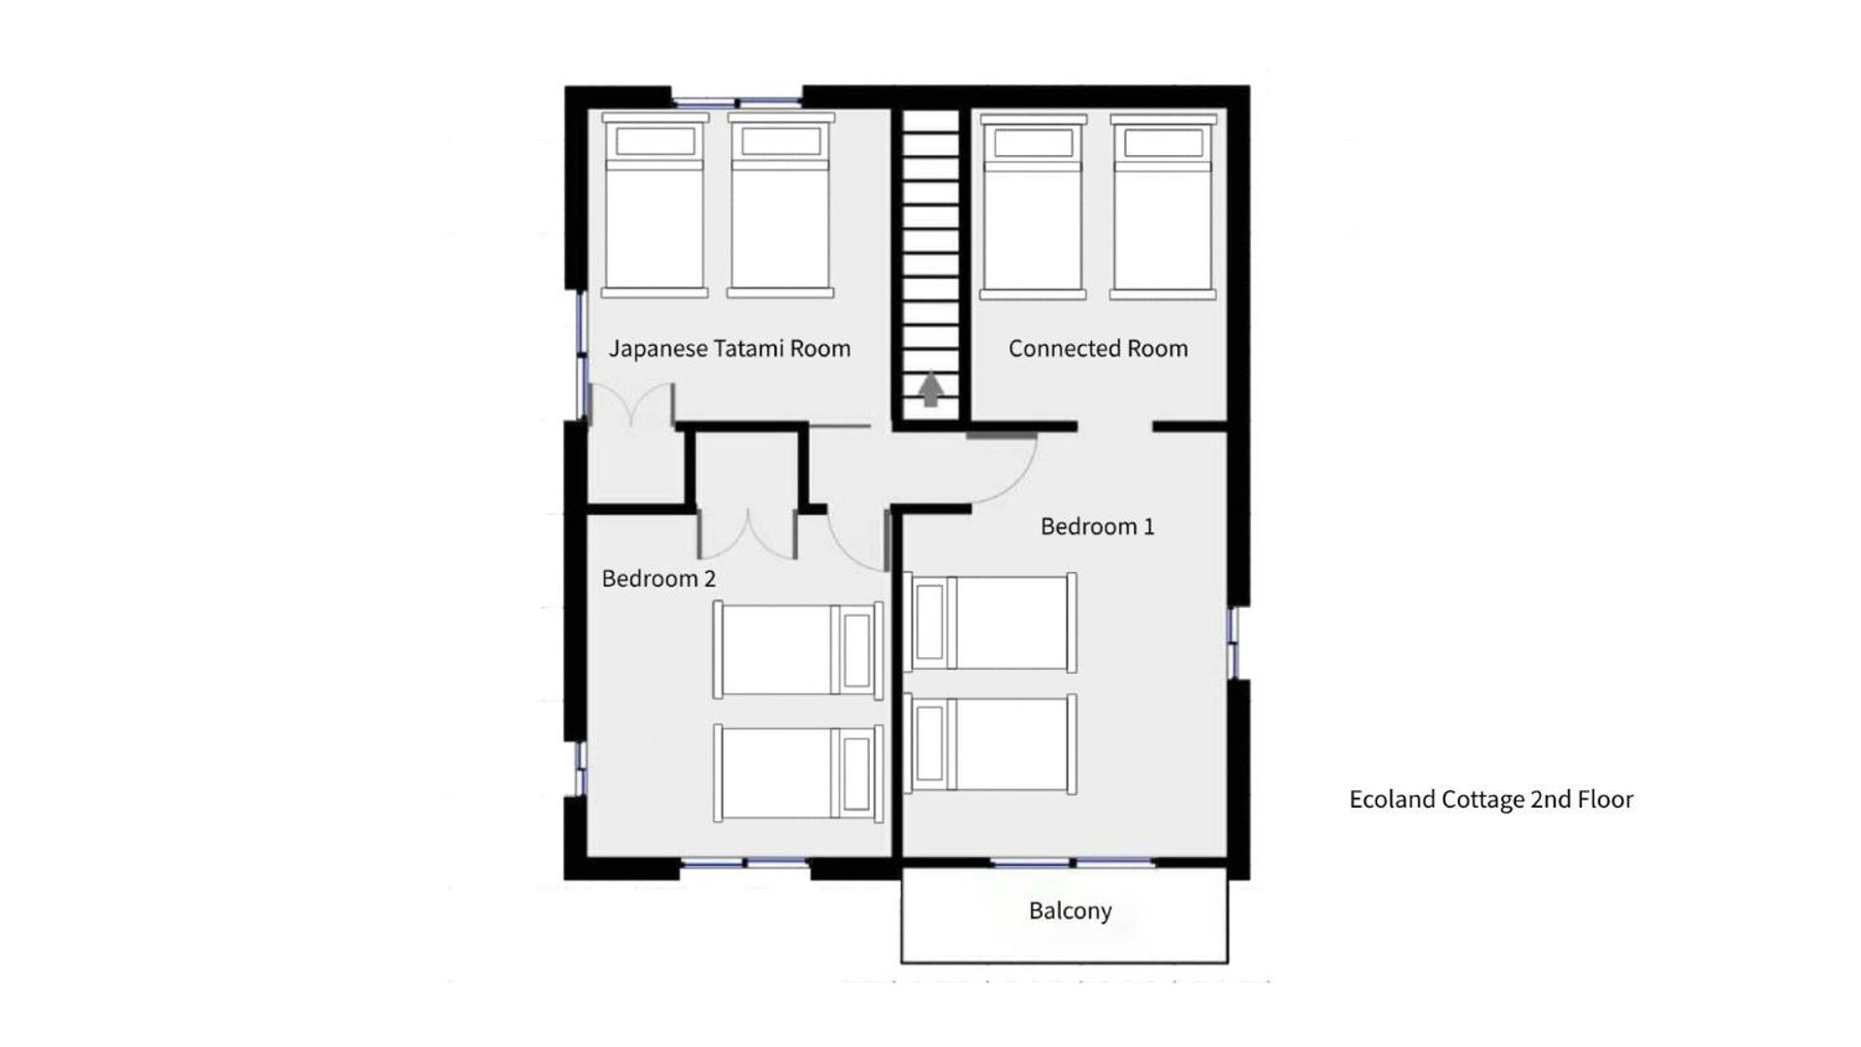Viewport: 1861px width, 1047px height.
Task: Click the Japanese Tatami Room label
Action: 729,349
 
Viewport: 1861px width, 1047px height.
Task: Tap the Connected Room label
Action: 1098,349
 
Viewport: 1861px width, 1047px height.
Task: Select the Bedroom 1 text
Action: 1097,526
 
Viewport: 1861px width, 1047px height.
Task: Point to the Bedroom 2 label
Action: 658,579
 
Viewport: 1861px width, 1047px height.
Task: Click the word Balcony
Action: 1070,911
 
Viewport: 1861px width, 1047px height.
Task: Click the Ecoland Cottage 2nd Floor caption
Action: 1491,800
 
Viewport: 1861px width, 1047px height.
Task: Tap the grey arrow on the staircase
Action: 931,390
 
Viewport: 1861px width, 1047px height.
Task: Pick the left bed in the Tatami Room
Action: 655,206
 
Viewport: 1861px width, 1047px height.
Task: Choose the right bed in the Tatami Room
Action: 781,206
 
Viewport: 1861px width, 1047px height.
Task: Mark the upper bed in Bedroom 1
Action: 990,622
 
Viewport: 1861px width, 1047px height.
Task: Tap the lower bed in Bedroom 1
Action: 990,744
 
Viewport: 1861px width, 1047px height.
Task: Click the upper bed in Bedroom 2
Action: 798,650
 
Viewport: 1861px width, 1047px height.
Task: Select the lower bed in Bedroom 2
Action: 798,773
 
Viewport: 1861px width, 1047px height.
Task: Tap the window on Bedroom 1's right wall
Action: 1234,642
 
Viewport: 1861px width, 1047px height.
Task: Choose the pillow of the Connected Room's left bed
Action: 1033,143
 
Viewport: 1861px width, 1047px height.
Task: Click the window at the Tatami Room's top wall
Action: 737,102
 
